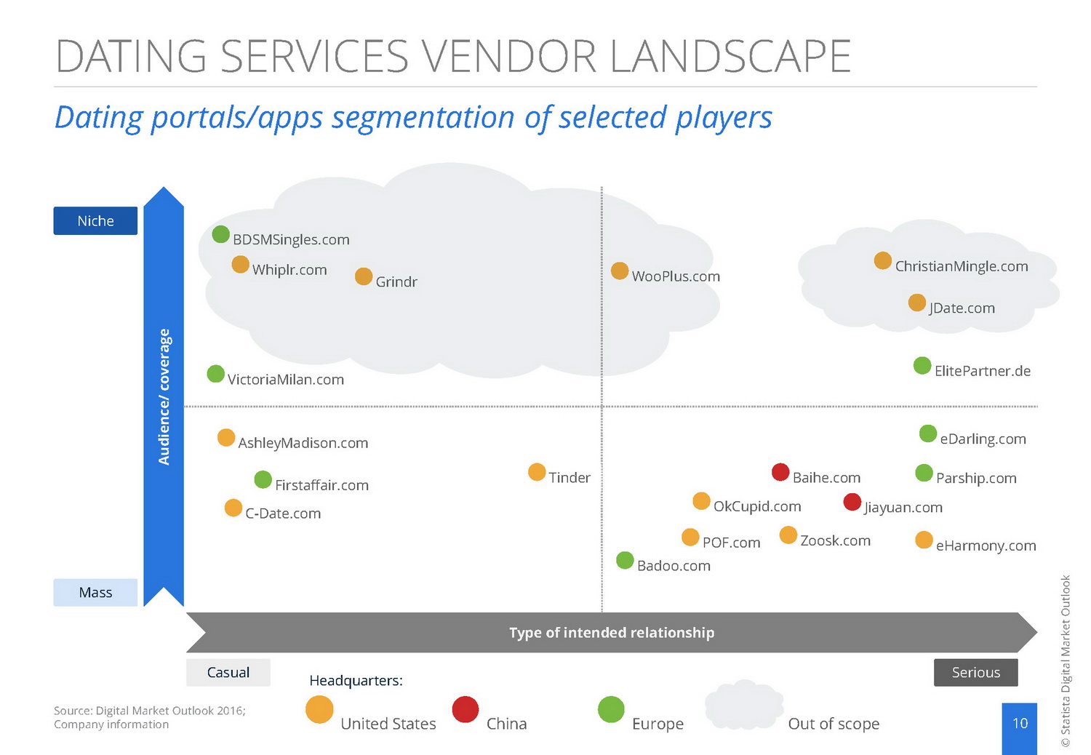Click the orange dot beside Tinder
tap(537, 472)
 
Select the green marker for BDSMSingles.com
tap(221, 234)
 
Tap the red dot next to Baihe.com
tap(780, 472)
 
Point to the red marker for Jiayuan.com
tap(852, 502)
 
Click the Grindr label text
tap(396, 281)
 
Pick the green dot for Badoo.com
tap(625, 560)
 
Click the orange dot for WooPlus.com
tap(620, 271)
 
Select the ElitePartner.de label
tap(982, 371)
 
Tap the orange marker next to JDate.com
tap(917, 303)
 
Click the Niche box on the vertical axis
tap(95, 221)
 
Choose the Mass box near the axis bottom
tap(95, 592)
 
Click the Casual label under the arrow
tap(228, 672)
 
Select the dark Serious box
tap(975, 672)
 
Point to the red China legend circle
tap(465, 709)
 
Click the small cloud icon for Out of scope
tap(744, 705)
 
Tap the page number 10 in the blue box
tap(1020, 724)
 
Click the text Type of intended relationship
tap(612, 633)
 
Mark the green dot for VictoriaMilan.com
tap(216, 374)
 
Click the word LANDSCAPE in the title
tap(730, 57)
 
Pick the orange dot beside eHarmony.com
tap(924, 540)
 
